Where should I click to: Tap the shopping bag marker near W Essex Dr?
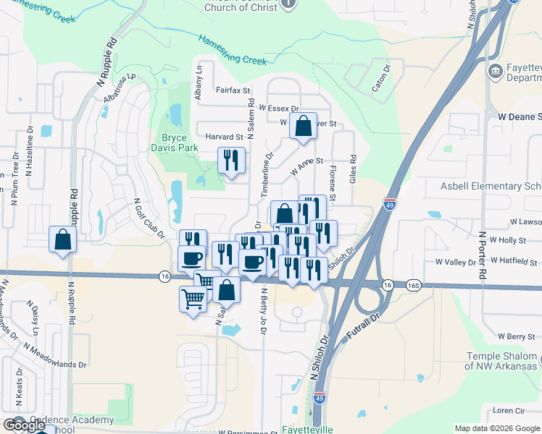[x=303, y=126]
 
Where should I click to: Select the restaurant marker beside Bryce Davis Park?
[x=231, y=161]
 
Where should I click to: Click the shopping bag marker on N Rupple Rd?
[x=62, y=239]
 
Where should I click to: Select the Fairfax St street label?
[x=233, y=91]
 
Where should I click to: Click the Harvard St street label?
[x=223, y=137]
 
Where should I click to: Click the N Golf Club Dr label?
[x=149, y=217]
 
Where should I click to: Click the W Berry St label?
[x=516, y=336]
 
